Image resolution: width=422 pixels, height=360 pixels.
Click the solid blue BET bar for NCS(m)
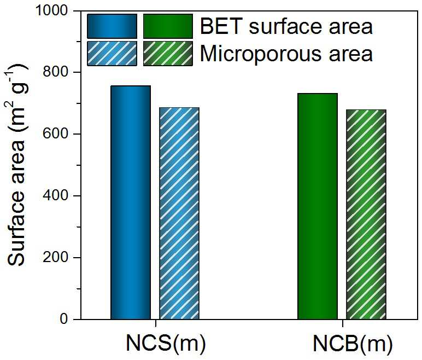(x=131, y=202)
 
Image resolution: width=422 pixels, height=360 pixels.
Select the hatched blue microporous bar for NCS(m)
(x=179, y=213)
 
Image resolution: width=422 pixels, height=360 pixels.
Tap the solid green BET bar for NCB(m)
(x=318, y=206)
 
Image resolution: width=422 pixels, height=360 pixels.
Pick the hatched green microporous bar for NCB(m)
(x=366, y=214)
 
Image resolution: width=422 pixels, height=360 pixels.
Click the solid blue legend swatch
(x=112, y=26)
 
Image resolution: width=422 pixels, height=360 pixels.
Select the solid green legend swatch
(x=168, y=26)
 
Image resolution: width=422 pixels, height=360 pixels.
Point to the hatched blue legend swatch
(x=112, y=54)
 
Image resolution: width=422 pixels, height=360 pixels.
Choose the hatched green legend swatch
(x=168, y=54)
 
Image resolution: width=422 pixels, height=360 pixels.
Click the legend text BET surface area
(x=286, y=26)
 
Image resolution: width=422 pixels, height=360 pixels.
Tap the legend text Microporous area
(x=286, y=54)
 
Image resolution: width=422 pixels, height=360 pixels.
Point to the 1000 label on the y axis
(x=51, y=10)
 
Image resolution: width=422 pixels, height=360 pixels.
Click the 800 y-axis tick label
(x=55, y=72)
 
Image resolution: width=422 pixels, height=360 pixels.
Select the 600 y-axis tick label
(x=55, y=134)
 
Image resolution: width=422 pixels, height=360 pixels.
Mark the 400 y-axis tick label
(x=55, y=196)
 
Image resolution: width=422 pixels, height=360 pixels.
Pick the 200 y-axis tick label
(x=55, y=257)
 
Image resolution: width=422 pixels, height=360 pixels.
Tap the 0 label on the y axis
(x=64, y=319)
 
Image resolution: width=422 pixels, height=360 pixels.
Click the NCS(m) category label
(x=166, y=344)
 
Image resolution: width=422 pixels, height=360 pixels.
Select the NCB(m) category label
(x=353, y=344)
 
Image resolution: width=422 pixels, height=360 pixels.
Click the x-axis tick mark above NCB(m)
(x=343, y=323)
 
